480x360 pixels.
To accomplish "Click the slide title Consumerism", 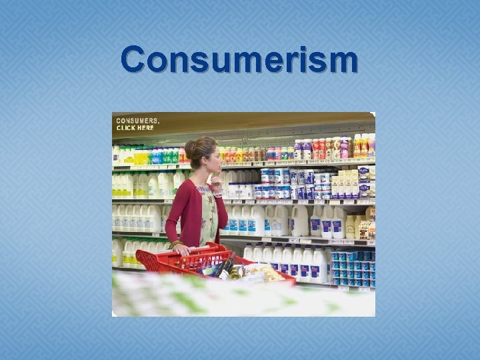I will coord(239,59).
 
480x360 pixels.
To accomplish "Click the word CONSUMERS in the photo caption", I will coord(137,121).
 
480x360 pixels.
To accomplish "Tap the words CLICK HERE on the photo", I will coord(135,127).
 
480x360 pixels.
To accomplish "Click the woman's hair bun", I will coord(191,148).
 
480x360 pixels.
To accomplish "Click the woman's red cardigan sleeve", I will coord(175,213).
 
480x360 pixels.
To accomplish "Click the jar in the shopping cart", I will coord(237,271).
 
